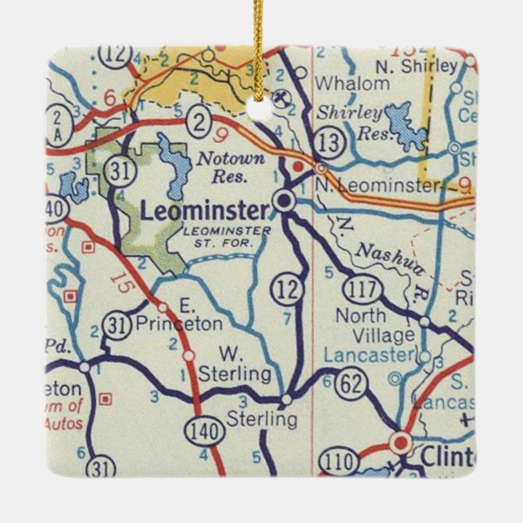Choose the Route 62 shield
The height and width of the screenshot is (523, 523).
point(350,384)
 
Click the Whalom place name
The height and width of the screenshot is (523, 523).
point(341,84)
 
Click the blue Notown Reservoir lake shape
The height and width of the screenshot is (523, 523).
point(174,166)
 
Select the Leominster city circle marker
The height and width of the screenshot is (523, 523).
point(283,200)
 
